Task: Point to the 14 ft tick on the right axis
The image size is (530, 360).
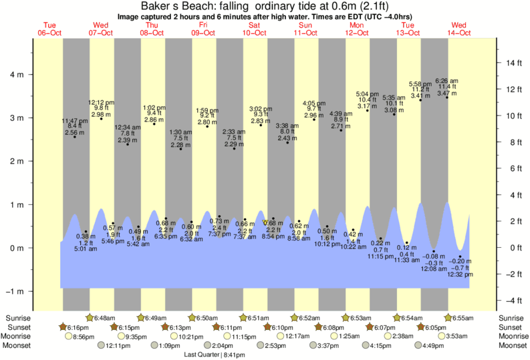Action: [x=513, y=63]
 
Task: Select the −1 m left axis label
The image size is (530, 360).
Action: [x=17, y=291]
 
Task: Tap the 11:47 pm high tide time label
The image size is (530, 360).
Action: [x=74, y=121]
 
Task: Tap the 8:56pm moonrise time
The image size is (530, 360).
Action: [x=84, y=337]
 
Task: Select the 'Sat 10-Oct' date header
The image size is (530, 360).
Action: [x=254, y=29]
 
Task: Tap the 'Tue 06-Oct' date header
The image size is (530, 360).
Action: [x=49, y=29]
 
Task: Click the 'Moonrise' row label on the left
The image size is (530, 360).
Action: [x=19, y=337]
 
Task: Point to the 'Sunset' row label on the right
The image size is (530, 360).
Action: [x=511, y=327]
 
